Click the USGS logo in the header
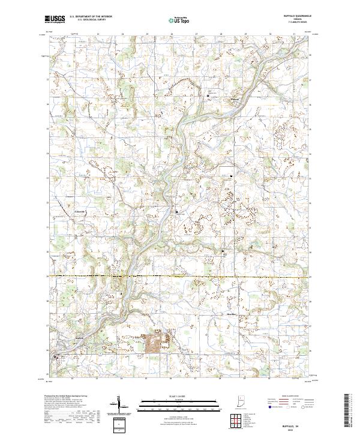click(53, 19)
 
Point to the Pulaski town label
click(236, 99)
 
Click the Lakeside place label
click(80, 212)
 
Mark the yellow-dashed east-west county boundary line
click(180, 276)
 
